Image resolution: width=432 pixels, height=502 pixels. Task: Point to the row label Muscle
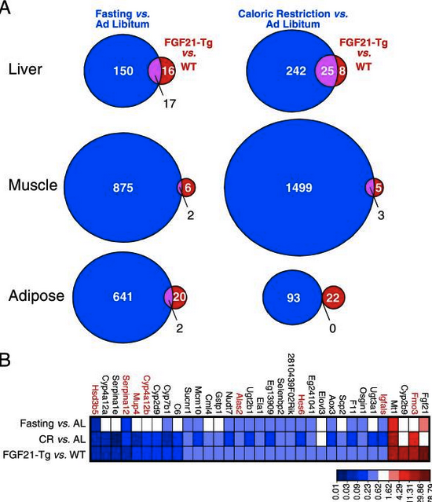[31, 186]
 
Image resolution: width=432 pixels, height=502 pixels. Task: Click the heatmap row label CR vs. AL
[61, 438]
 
